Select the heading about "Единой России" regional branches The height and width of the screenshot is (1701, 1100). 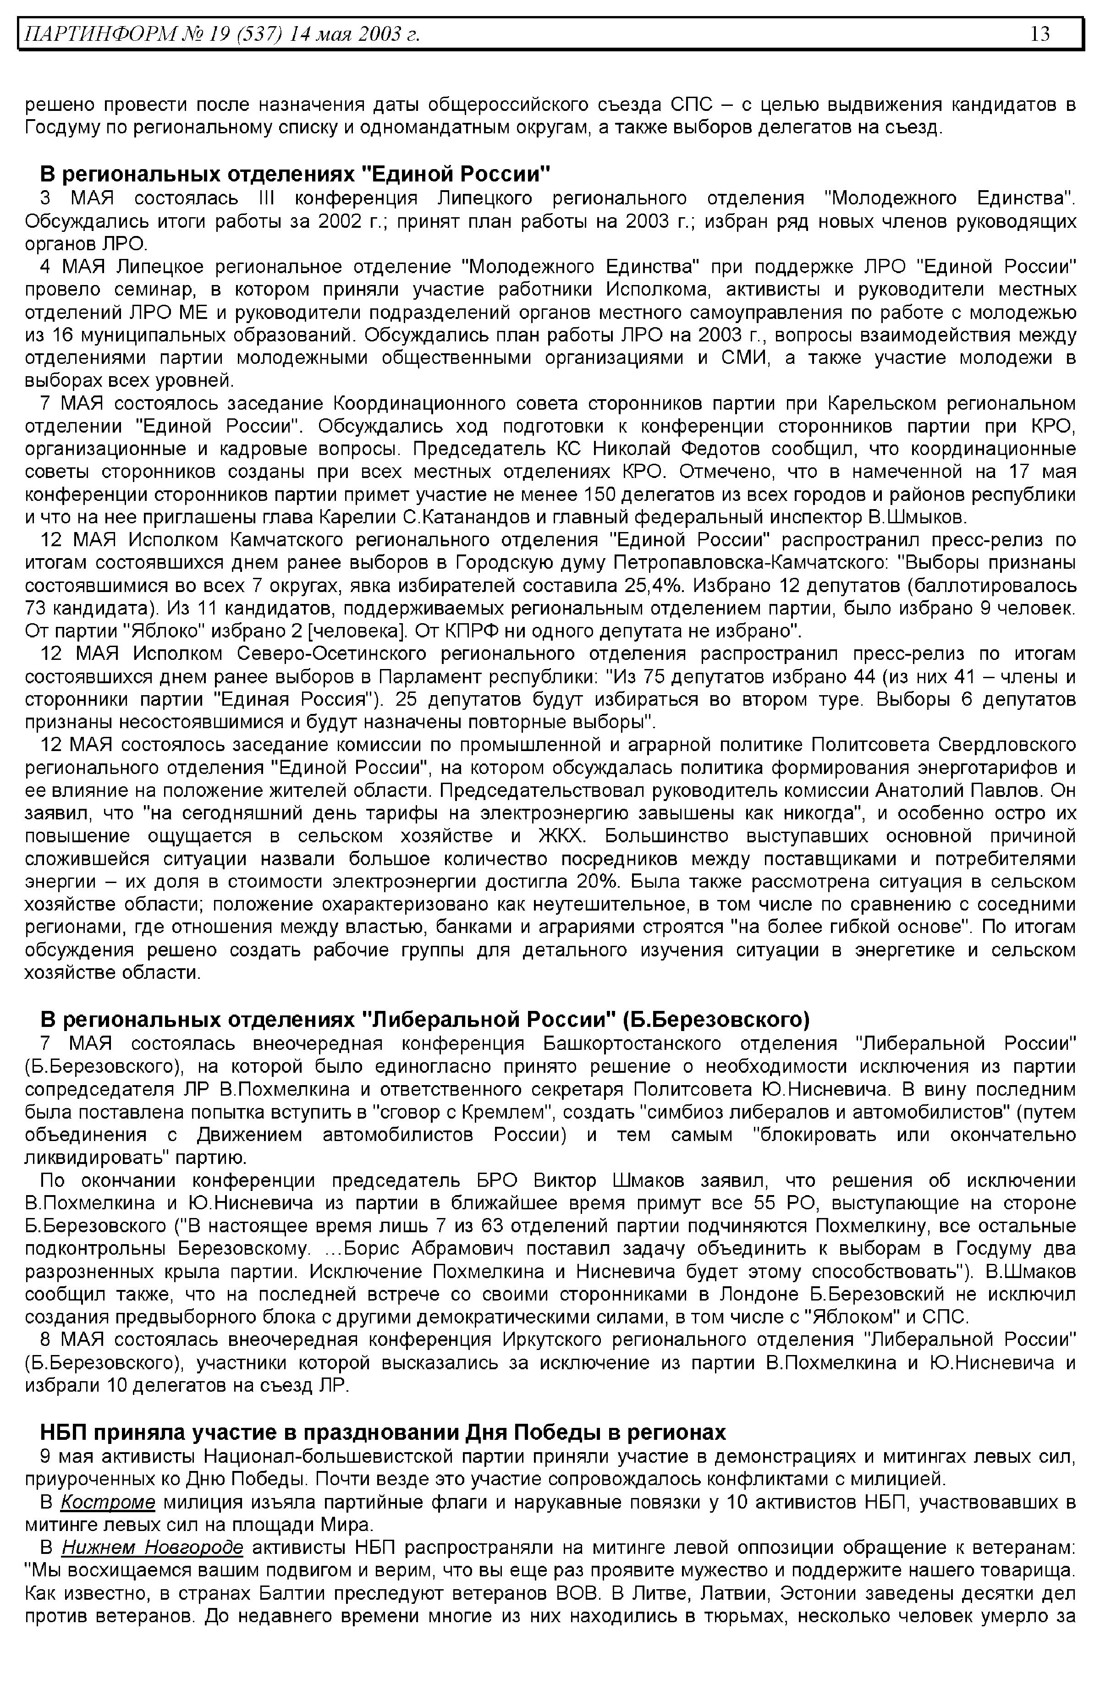pos(295,174)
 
